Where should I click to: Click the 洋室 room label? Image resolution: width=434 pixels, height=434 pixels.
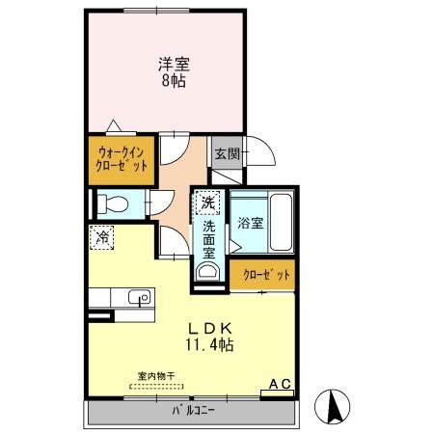174,66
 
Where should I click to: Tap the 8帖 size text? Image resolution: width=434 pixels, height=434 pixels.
174,82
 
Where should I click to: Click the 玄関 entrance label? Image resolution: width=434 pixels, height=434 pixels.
226,153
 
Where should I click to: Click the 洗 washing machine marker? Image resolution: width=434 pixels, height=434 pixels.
207,202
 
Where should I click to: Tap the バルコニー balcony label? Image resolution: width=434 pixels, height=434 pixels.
194,411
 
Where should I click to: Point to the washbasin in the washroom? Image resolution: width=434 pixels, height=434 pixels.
205,273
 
